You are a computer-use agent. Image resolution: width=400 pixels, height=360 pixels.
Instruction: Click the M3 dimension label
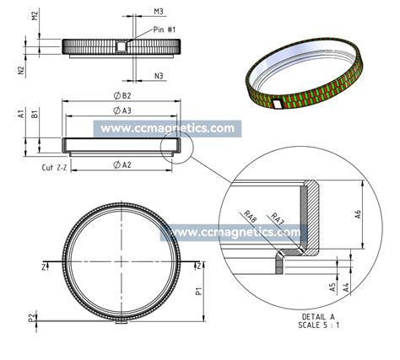point(158,11)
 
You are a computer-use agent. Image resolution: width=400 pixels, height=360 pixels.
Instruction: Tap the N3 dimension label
point(158,77)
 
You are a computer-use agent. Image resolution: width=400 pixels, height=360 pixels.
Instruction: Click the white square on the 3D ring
point(278,104)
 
